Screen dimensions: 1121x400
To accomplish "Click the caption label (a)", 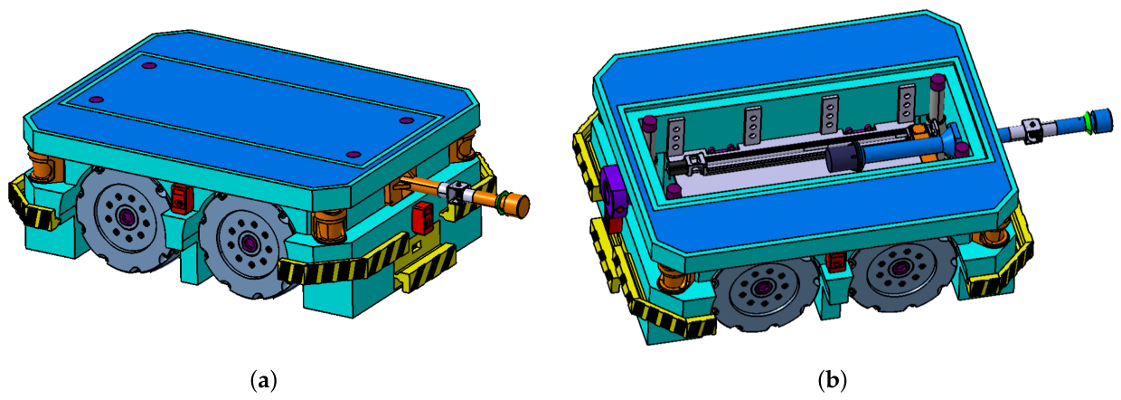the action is click(x=263, y=381).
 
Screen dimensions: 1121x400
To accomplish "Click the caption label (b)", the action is click(x=832, y=381).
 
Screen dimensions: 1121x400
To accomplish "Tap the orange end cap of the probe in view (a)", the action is click(x=519, y=205).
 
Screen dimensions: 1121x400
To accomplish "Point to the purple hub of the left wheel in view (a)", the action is click(x=125, y=216).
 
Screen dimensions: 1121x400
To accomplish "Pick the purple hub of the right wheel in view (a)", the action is click(x=248, y=243).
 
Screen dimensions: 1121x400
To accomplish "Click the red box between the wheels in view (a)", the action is click(x=180, y=198).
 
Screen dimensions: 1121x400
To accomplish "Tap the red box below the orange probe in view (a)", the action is click(x=423, y=217).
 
